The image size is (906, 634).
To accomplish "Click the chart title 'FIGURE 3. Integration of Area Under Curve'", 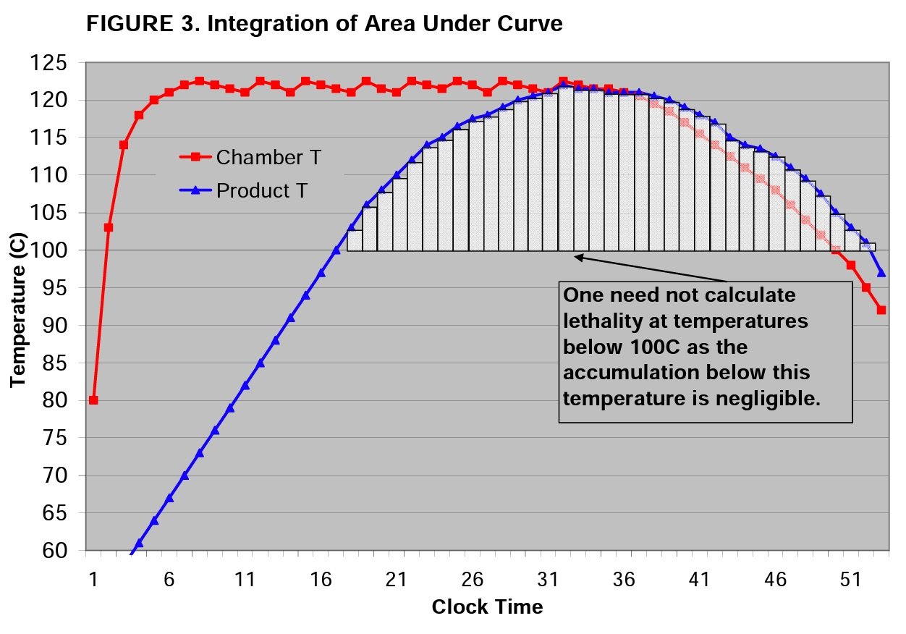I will point(323,24).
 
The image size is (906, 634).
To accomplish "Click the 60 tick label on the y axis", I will point(57,551).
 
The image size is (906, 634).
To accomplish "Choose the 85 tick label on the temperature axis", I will point(57,363).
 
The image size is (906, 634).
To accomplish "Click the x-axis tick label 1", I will point(93,580).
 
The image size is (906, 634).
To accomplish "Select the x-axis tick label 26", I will point(472,580).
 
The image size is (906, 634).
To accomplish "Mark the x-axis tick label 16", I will point(321,580).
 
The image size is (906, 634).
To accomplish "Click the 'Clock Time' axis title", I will point(487,606).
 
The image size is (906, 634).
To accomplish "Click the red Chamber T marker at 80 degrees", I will point(93,400).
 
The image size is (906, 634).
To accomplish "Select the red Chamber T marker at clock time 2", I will point(109,227).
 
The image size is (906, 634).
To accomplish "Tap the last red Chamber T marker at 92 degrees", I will point(881,310).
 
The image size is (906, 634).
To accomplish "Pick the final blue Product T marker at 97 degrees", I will point(881,273).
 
